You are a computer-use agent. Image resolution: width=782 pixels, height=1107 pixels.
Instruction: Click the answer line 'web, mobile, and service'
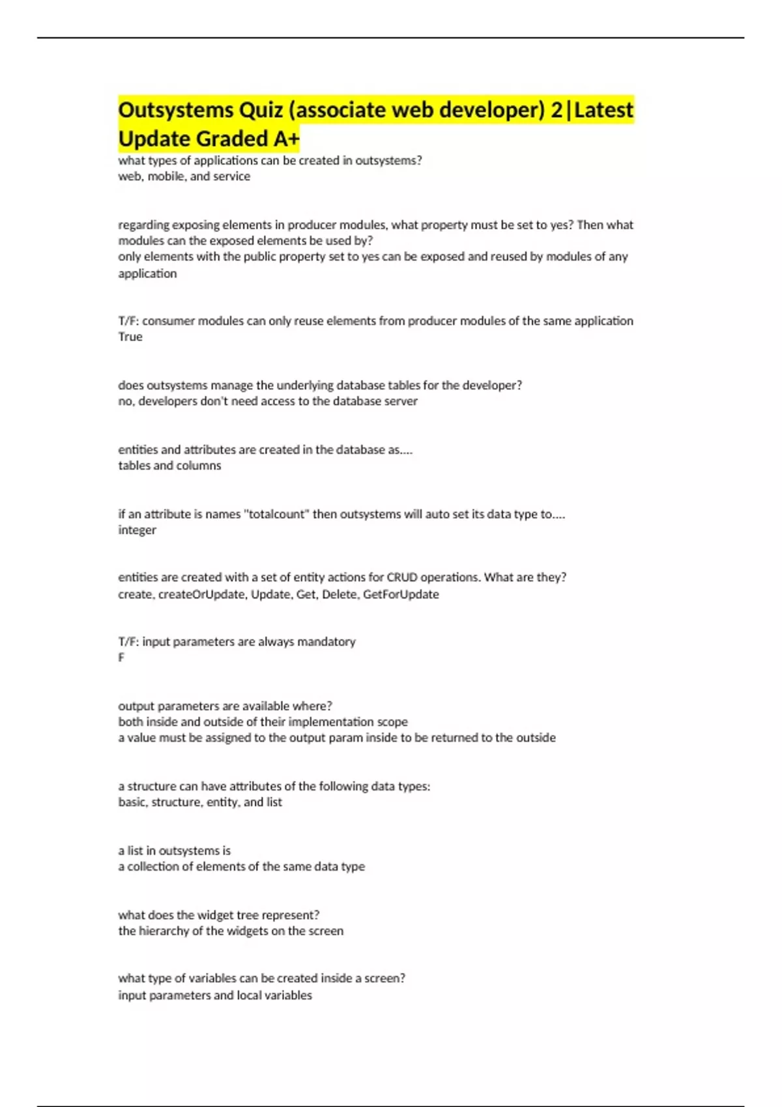184,176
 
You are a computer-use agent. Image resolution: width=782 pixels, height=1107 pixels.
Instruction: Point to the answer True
130,337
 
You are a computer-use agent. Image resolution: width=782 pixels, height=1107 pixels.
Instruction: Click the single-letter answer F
121,658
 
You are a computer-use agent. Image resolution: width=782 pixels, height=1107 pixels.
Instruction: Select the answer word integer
137,530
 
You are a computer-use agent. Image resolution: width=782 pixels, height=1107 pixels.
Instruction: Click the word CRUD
402,578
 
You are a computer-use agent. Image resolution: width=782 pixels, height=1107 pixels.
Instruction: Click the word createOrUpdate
201,595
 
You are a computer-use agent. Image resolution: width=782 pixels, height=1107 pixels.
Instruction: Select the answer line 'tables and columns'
169,466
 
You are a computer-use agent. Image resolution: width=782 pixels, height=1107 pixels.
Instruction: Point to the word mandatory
326,642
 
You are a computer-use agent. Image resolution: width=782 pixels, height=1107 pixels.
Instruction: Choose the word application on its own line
147,273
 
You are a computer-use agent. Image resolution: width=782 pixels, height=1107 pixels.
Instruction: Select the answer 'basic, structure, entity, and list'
200,802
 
